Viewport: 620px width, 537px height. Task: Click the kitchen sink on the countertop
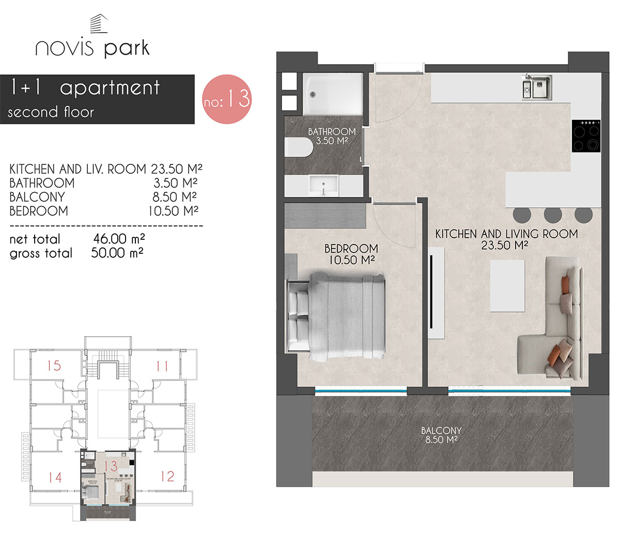click(537, 86)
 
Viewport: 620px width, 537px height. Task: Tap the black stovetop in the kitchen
click(586, 136)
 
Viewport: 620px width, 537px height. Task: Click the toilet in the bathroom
click(299, 148)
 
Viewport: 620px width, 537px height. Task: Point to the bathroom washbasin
click(323, 185)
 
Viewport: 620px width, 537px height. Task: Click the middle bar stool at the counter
click(552, 214)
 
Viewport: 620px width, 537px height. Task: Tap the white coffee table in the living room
click(507, 285)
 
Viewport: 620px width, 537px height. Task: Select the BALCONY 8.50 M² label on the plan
click(441, 435)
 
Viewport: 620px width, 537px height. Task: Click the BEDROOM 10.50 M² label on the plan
click(351, 254)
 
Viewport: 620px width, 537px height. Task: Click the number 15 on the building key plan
click(54, 366)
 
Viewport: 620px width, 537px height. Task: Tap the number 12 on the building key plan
click(167, 476)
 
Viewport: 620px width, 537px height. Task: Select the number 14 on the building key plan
click(55, 477)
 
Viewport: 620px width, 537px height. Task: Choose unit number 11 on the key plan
click(162, 366)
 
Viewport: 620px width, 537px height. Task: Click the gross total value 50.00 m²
click(117, 253)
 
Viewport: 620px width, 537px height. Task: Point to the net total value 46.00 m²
click(118, 239)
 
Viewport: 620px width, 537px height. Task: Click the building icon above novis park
click(98, 25)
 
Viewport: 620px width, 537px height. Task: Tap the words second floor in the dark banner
click(51, 112)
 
